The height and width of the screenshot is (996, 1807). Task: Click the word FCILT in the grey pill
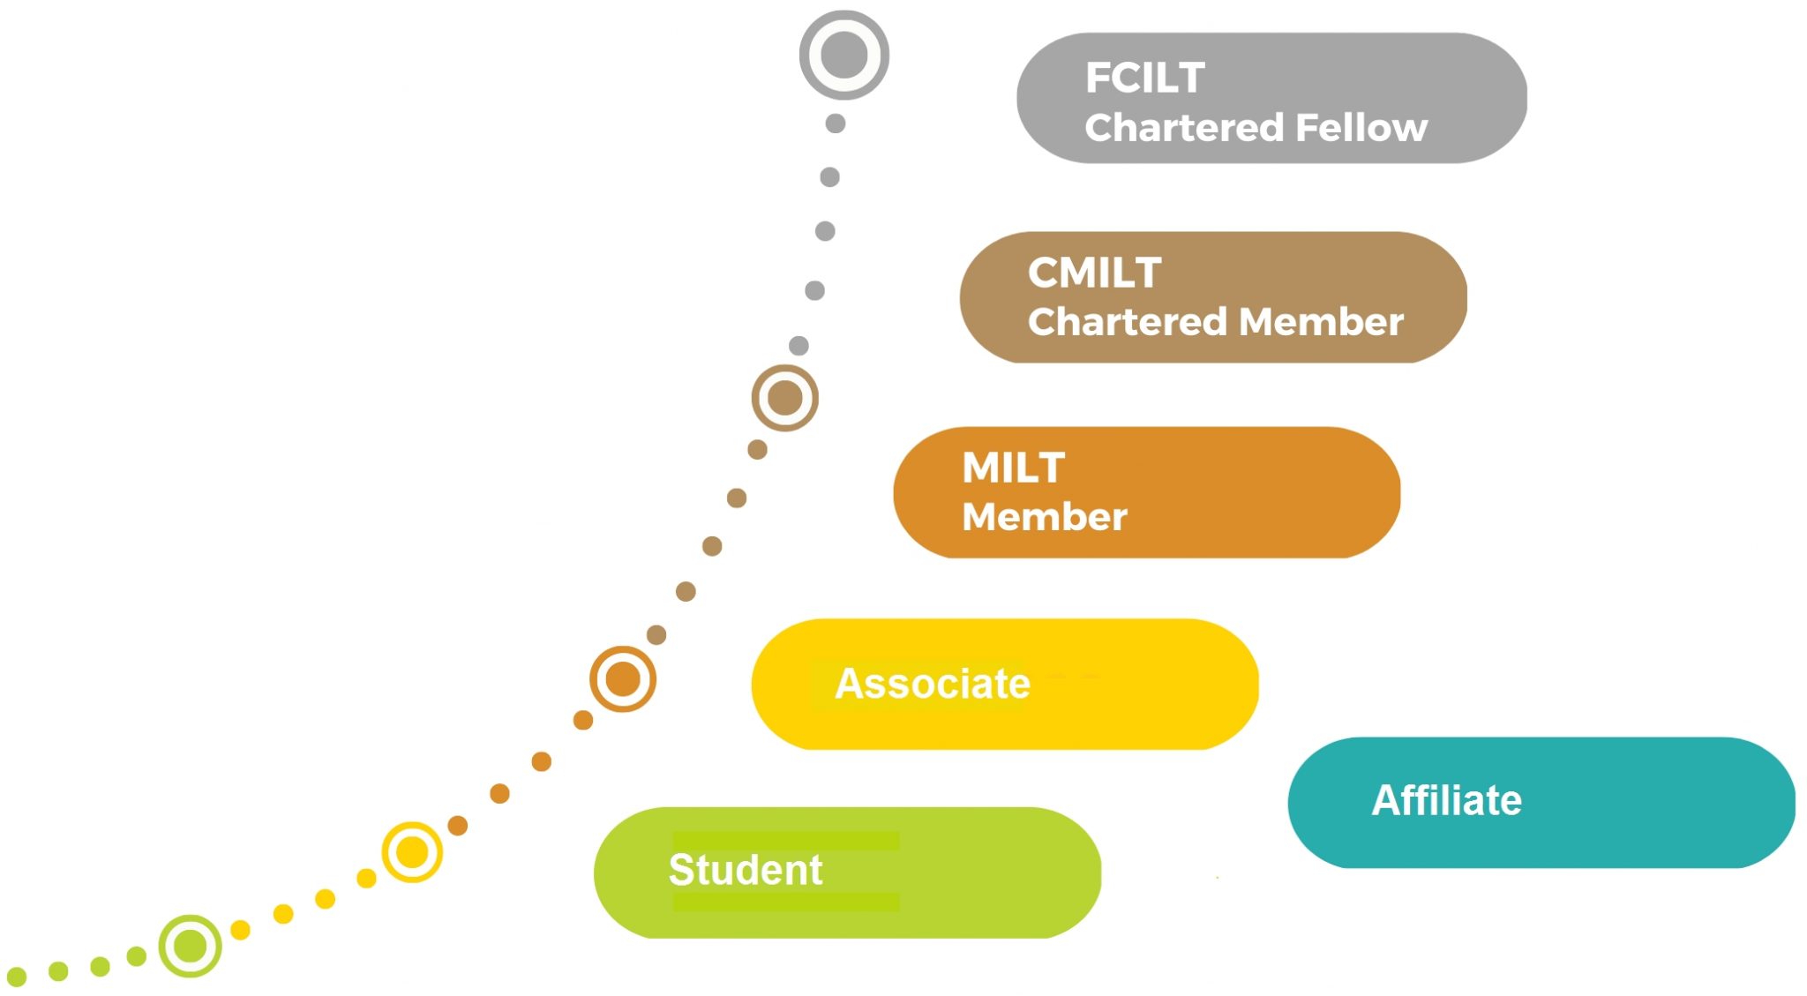point(1144,78)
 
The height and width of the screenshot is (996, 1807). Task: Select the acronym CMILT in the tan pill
point(1094,273)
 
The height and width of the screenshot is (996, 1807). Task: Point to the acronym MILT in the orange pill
point(1013,468)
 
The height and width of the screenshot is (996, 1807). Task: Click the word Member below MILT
point(1044,517)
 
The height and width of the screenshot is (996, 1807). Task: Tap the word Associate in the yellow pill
point(932,684)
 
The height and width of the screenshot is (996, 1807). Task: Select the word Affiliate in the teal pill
point(1446,801)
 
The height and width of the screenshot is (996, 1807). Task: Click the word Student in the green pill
point(745,870)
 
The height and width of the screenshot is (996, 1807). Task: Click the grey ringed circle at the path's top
point(844,55)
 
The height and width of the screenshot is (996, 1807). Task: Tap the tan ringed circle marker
point(784,398)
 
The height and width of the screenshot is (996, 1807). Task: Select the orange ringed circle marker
point(623,679)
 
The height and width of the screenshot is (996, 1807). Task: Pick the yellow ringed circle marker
point(412,852)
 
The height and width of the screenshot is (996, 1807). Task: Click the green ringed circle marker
point(190,946)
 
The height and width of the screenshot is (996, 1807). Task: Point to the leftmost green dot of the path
point(17,977)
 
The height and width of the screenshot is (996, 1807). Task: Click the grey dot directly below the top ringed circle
point(835,124)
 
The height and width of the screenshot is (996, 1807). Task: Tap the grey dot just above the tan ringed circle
point(799,345)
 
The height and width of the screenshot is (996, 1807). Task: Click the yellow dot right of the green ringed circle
point(240,930)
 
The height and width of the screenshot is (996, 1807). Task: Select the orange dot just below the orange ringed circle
point(583,720)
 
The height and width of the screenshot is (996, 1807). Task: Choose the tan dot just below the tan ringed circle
point(757,450)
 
